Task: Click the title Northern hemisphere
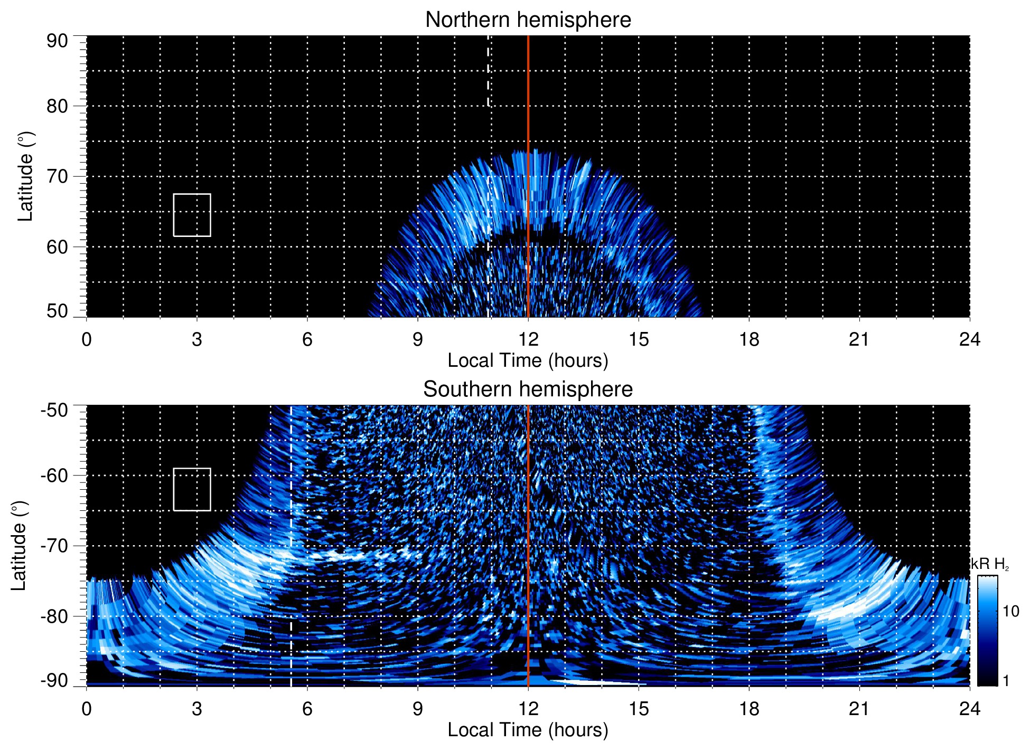click(x=528, y=20)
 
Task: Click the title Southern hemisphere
click(x=528, y=389)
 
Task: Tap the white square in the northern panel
click(x=192, y=215)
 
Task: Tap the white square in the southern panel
click(x=192, y=489)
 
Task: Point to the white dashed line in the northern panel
click(x=488, y=74)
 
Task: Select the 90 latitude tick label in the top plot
click(x=57, y=41)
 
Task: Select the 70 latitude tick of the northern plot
click(x=57, y=177)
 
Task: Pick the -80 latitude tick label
click(x=54, y=616)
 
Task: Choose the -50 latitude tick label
click(x=54, y=410)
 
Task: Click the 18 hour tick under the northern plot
click(x=749, y=339)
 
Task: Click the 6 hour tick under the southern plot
click(x=307, y=709)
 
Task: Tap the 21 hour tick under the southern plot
click(x=859, y=709)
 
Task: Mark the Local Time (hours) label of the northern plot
click(x=528, y=360)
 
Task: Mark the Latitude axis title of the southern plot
click(x=19, y=546)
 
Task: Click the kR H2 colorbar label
click(x=990, y=564)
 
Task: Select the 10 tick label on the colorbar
click(x=1010, y=612)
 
